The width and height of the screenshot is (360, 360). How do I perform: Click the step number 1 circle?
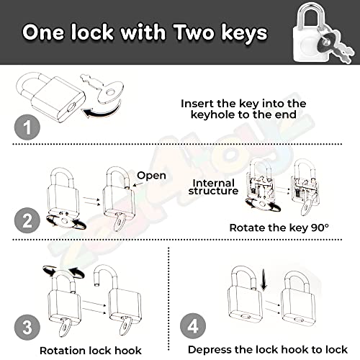pos(27,127)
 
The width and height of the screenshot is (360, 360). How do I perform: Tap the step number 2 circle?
pos(27,220)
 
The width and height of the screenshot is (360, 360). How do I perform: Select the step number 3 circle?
pos(27,328)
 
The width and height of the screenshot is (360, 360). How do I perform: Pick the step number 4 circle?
pos(193,326)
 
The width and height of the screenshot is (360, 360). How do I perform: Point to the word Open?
pos(151,176)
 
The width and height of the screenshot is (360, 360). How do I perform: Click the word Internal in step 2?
pos(214,183)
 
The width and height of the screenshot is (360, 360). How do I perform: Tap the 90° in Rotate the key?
pos(320,228)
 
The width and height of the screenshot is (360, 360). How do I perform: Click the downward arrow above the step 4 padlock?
pos(264,279)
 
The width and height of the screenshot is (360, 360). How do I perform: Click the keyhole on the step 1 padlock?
pos(72,107)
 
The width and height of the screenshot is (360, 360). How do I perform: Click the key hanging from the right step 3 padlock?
pos(125,325)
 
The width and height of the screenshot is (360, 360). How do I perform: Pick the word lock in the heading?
pos(92,32)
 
